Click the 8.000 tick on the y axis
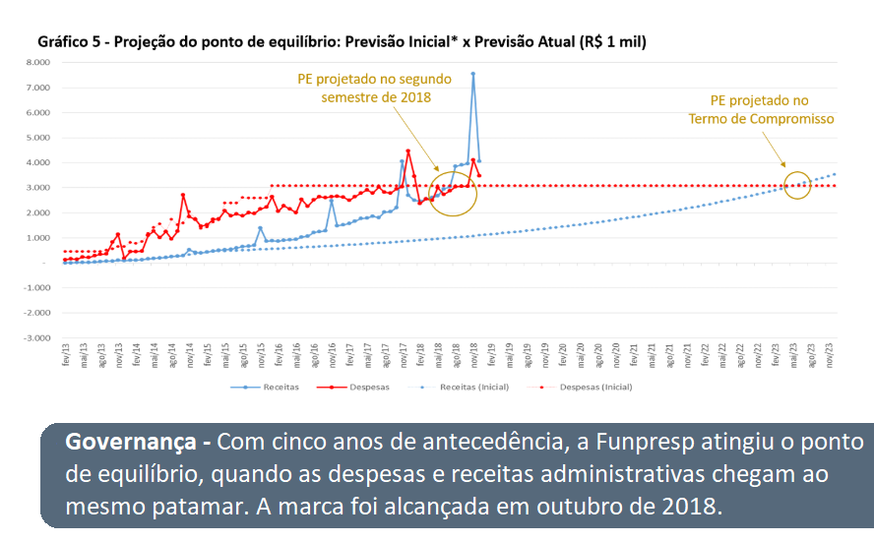[x=37, y=62]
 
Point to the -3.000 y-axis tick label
[x=36, y=337]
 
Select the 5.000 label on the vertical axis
[x=37, y=138]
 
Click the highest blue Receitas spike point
[x=473, y=74]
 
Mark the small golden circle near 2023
[x=798, y=184]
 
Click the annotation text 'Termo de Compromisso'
[x=761, y=119]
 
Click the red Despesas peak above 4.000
[x=407, y=151]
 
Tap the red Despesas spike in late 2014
[x=183, y=195]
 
